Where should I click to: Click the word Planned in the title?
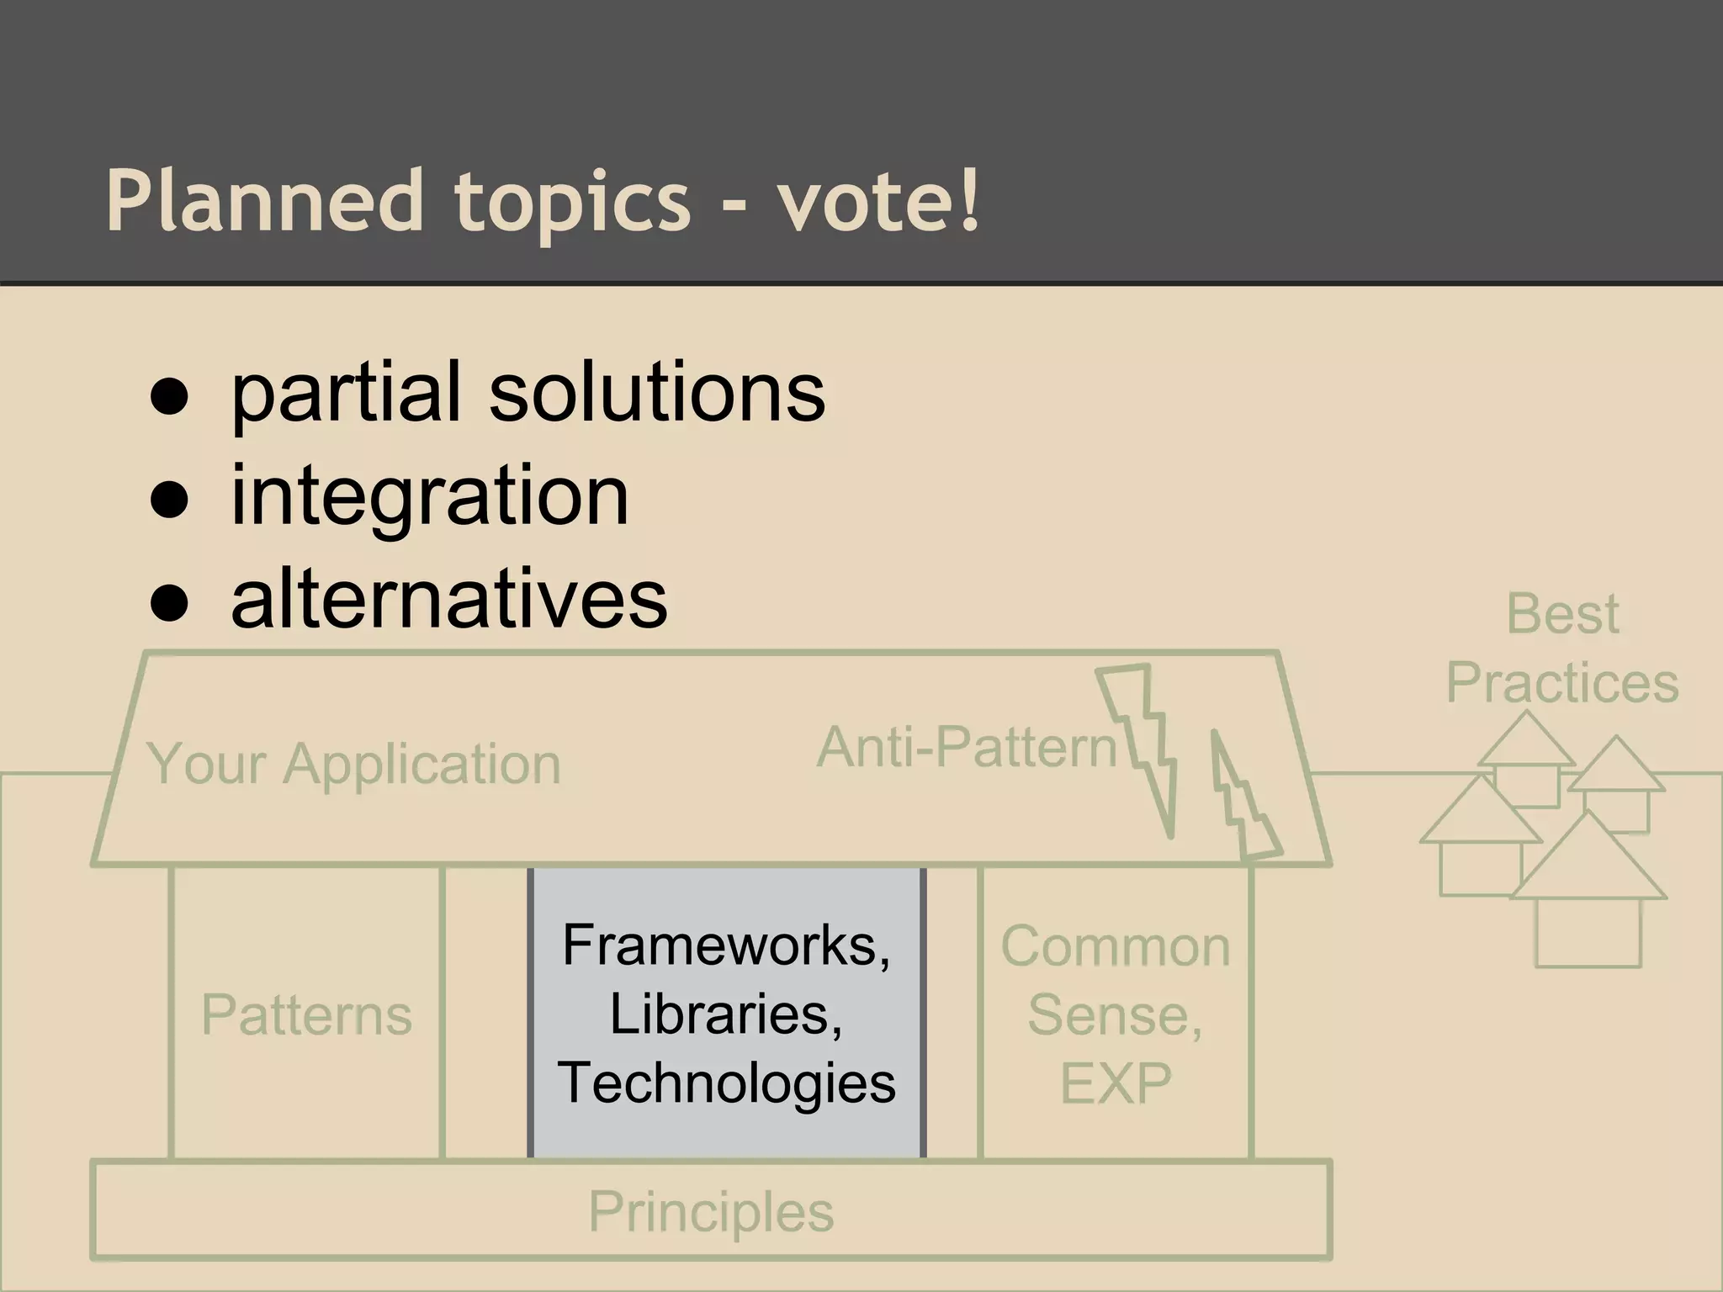(x=263, y=202)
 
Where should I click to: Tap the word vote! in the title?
(x=878, y=202)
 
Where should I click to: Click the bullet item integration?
(x=429, y=496)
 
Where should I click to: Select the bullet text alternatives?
(x=448, y=600)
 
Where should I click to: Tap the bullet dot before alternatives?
(x=169, y=603)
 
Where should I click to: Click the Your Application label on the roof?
(x=353, y=765)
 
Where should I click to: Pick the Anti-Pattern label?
(x=966, y=747)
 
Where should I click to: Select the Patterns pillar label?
(x=306, y=1014)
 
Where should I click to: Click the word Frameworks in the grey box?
(x=725, y=945)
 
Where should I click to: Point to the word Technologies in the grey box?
(x=726, y=1083)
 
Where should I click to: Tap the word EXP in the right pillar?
(x=1115, y=1083)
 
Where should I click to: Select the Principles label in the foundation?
(x=711, y=1212)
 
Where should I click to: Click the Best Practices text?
(x=1562, y=648)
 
